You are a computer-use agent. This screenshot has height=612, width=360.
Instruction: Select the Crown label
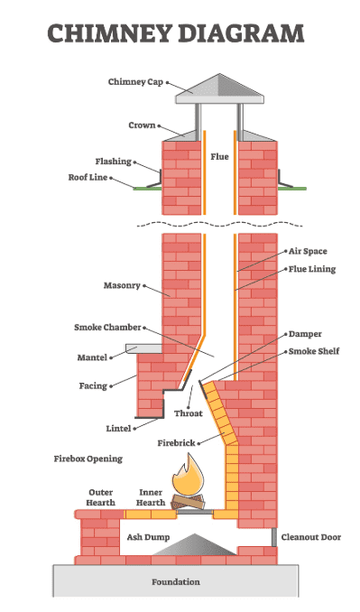pos(142,125)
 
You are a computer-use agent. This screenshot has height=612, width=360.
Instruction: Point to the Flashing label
pos(113,162)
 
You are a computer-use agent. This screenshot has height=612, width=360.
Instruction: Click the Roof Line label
pos(88,178)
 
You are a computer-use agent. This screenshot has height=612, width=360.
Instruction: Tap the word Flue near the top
pos(220,156)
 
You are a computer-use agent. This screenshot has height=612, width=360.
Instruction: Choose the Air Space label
pos(307,250)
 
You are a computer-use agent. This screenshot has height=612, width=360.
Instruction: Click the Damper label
pos(305,334)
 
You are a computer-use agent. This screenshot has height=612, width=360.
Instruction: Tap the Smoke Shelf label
pos(313,350)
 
